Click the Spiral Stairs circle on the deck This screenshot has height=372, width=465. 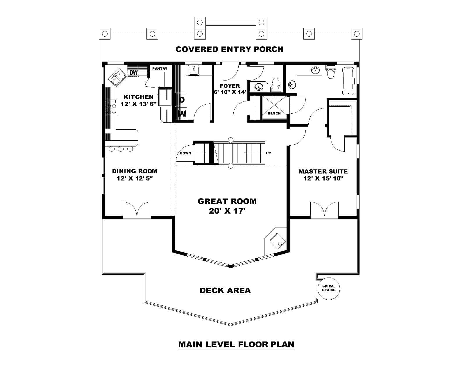click(x=328, y=288)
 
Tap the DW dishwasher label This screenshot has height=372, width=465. click(x=133, y=72)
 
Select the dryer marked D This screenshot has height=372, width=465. click(x=182, y=100)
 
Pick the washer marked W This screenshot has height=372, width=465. click(x=182, y=113)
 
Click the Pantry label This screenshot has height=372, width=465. click(x=160, y=69)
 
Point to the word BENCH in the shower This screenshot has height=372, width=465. click(x=274, y=113)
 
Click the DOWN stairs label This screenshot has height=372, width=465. click(x=185, y=153)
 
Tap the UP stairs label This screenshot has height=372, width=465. click(x=268, y=153)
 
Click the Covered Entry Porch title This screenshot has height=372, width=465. click(x=229, y=49)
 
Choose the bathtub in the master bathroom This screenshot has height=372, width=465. click(x=348, y=81)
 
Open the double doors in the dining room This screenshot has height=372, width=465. click(x=137, y=210)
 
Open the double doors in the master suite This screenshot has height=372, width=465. click(x=324, y=210)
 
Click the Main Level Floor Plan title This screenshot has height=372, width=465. click(x=236, y=344)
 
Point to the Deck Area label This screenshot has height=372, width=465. click(x=225, y=290)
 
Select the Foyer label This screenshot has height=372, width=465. click(x=230, y=86)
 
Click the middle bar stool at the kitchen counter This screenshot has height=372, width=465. click(x=121, y=149)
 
